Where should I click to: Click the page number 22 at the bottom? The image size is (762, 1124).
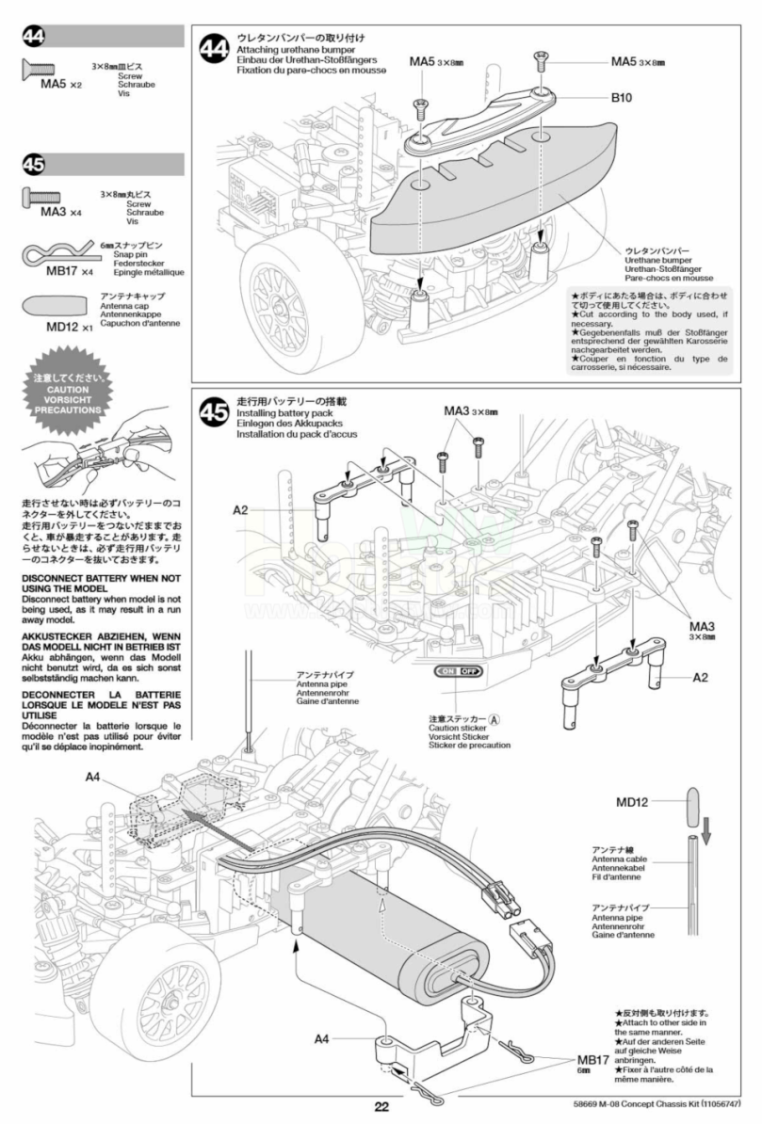[x=381, y=1107]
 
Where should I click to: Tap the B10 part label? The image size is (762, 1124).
[x=623, y=97]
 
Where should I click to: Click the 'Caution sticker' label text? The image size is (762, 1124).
[x=456, y=728]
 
